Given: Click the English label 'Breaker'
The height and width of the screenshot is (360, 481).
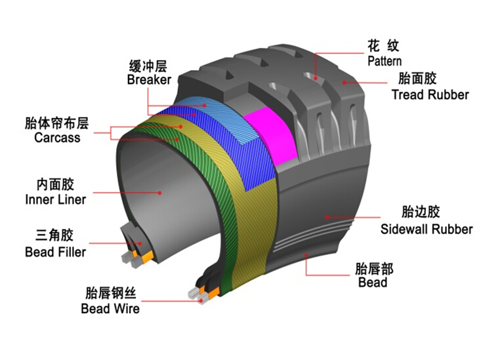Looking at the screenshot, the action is pyautogui.click(x=149, y=80).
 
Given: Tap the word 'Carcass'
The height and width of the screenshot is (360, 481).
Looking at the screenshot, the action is pyautogui.click(x=57, y=138).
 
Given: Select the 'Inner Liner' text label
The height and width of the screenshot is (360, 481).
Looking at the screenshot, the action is pyautogui.click(x=56, y=199).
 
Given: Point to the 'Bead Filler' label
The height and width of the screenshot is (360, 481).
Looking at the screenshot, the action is pyautogui.click(x=56, y=252).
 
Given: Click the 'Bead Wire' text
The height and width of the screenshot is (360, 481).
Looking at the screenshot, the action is pyautogui.click(x=110, y=308).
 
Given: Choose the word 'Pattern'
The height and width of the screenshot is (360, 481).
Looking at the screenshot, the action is pyautogui.click(x=385, y=62).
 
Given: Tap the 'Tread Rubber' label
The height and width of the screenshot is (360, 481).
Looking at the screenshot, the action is pyautogui.click(x=430, y=94).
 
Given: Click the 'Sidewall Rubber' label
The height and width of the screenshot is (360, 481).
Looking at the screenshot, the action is pyautogui.click(x=427, y=230).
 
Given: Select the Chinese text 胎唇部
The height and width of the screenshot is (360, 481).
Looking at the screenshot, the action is pyautogui.click(x=374, y=269).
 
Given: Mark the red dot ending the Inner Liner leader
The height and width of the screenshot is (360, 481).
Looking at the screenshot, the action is pyautogui.click(x=160, y=193).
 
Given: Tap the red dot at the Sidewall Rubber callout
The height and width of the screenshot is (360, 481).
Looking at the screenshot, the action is pyautogui.click(x=327, y=217).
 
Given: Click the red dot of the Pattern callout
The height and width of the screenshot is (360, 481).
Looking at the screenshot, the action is pyautogui.click(x=316, y=78).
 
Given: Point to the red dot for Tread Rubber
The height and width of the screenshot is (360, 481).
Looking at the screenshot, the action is pyautogui.click(x=345, y=83).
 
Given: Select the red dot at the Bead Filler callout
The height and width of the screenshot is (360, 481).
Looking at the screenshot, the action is pyautogui.click(x=140, y=243).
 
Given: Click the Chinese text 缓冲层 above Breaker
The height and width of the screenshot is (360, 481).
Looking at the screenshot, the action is pyautogui.click(x=148, y=66).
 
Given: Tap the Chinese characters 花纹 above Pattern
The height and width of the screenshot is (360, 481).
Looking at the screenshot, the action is pyautogui.click(x=383, y=46).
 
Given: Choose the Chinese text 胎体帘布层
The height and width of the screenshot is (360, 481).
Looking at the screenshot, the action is pyautogui.click(x=56, y=123).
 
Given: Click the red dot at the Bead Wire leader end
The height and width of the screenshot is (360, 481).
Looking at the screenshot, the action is pyautogui.click(x=201, y=301).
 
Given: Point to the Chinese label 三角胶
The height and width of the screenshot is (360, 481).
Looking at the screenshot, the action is pyautogui.click(x=54, y=235).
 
